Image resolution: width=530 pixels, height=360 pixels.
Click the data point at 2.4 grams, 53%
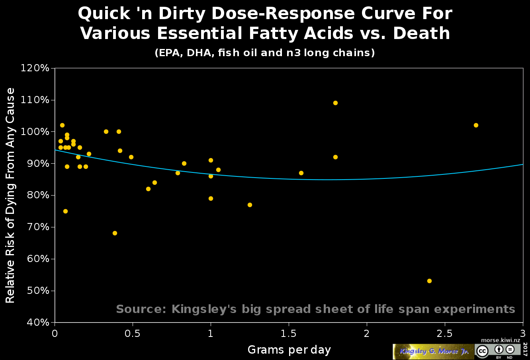[429, 281]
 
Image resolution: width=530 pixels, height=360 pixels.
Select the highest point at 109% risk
[335, 103]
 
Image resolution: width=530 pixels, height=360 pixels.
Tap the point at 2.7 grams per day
[476, 125]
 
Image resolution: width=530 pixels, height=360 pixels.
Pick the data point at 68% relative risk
[115, 233]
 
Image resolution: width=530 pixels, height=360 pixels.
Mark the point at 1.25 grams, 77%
[250, 205]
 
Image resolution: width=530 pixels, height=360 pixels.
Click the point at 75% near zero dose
[65, 211]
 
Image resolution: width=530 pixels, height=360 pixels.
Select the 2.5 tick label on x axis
[444, 333]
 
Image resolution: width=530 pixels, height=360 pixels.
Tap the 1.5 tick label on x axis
[288, 333]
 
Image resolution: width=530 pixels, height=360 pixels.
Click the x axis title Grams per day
[289, 350]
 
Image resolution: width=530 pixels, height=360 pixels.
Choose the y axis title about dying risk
[10, 195]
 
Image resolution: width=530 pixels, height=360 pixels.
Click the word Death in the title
[422, 33]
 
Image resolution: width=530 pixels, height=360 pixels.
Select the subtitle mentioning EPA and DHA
[265, 53]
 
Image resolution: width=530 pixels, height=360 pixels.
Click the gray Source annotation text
[315, 309]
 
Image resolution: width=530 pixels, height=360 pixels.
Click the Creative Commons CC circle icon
[482, 351]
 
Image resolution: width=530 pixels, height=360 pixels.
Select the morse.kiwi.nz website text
[501, 340]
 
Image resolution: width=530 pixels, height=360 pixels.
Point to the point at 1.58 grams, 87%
[301, 173]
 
